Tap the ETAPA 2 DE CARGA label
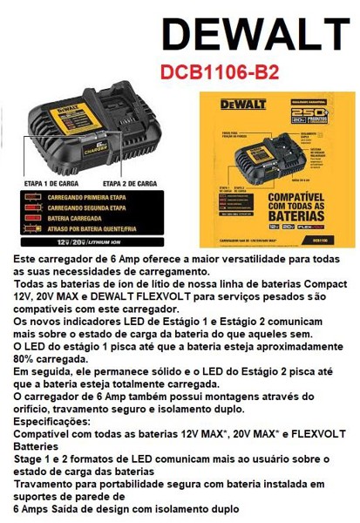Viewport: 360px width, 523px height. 129,184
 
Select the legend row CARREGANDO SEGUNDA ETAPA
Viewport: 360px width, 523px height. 95,209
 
